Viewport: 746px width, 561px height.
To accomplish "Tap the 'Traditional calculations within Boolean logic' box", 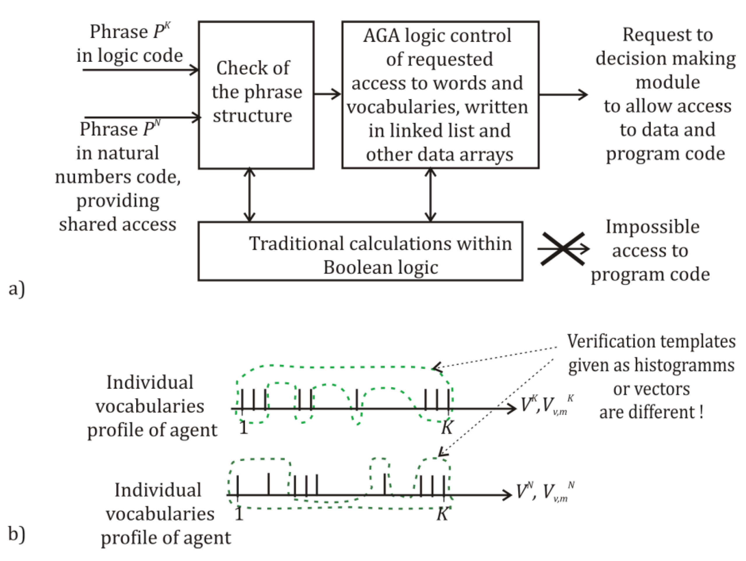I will point(360,251).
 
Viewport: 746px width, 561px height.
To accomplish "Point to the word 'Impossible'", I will point(652,227).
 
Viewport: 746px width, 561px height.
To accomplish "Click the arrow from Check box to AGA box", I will point(328,94).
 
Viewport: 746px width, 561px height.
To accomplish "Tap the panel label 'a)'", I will point(17,289).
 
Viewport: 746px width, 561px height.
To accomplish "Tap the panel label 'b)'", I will point(17,534).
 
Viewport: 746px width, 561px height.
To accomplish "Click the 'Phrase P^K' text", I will point(130,32).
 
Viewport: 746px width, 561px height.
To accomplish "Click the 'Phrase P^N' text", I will point(120,129).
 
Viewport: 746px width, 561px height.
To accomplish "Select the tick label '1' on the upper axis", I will point(244,428).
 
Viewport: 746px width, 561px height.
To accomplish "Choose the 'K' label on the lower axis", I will point(442,514).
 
